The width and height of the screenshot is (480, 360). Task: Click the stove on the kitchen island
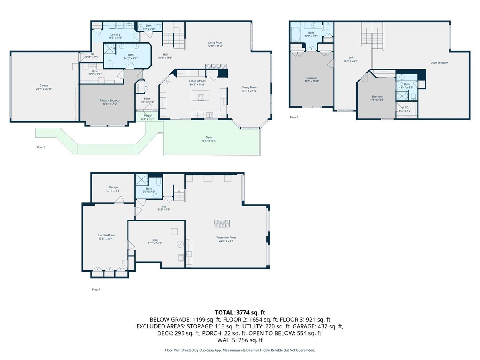200,96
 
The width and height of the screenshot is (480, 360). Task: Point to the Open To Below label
439,63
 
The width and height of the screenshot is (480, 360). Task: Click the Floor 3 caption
294,118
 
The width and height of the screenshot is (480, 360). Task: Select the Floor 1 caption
96,290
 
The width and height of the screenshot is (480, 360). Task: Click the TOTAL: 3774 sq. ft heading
240,312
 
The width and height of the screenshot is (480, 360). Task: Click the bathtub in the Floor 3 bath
296,35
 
